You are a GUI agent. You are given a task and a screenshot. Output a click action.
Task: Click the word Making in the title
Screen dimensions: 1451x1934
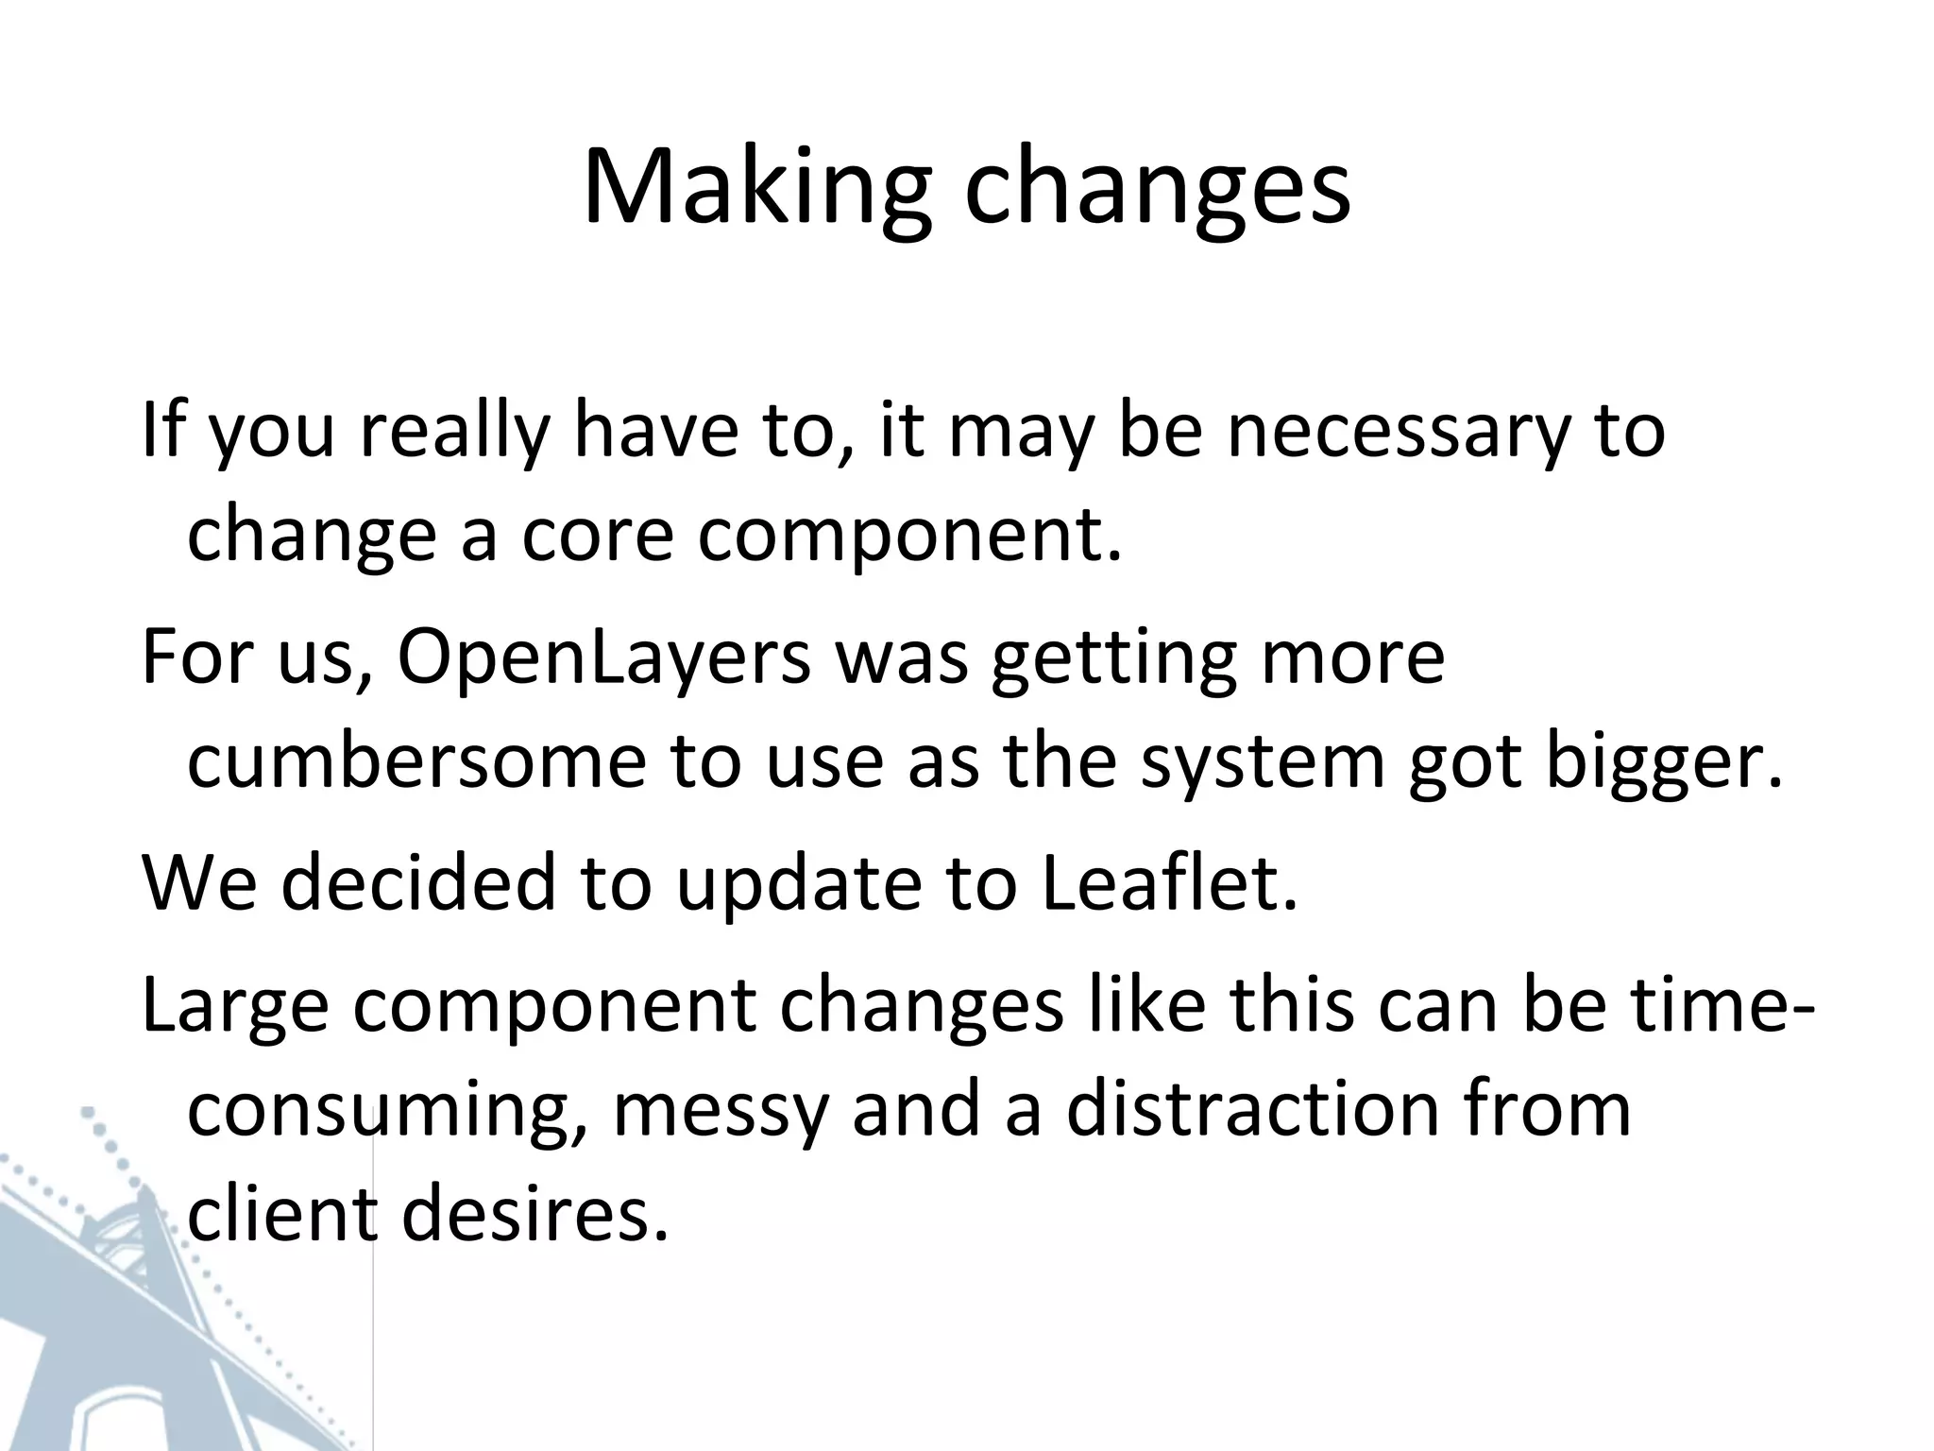click(757, 189)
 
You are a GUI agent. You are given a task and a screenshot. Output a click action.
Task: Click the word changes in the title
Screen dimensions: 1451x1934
click(1157, 189)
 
